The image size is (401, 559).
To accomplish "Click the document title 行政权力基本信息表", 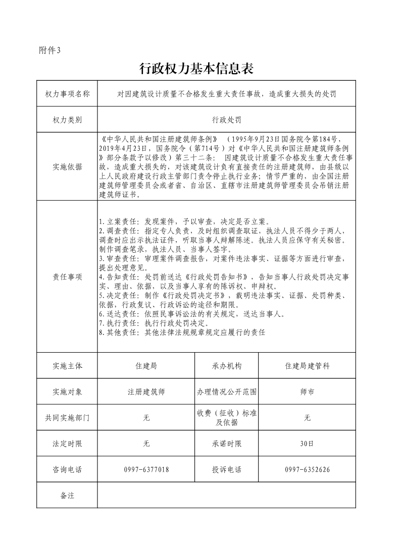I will (195, 69).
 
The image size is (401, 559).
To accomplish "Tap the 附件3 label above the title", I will (49, 50).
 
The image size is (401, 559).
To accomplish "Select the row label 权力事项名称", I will (67, 94).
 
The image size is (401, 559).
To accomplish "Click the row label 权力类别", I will (67, 120).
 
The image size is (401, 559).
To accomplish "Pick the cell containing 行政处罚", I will (227, 120).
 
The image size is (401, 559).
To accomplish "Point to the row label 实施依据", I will (67, 167).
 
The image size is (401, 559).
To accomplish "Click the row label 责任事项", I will (67, 277).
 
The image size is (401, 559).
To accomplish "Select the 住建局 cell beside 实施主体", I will (146, 366).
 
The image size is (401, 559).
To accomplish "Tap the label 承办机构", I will (227, 366).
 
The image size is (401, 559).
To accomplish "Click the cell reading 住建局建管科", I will (307, 366).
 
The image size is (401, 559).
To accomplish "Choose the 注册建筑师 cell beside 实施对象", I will (146, 392).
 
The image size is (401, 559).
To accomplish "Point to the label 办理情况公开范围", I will (227, 392).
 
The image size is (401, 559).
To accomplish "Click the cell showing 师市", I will (307, 392).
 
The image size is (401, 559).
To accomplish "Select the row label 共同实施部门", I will (67, 418).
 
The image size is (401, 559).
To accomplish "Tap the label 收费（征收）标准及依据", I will (227, 418).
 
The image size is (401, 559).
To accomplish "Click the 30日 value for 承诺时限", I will (307, 444).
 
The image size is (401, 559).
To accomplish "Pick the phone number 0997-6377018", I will (146, 470).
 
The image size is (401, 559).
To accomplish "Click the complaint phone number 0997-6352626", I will (307, 470).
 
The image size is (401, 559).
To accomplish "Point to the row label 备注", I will (67, 495).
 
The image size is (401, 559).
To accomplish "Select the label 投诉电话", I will (227, 470).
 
